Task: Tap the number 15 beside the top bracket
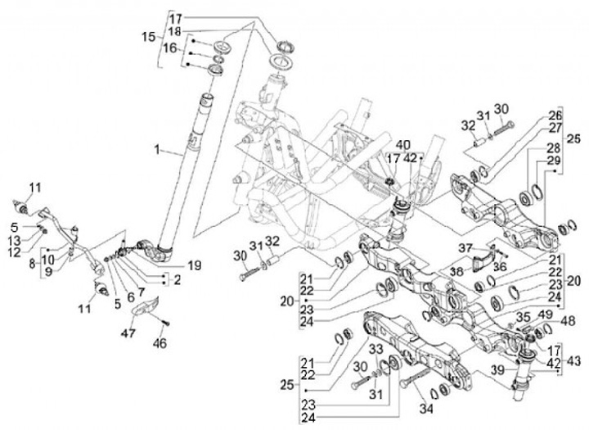148,37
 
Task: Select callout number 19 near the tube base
194,265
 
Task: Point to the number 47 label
128,333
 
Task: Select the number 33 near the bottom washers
377,348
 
